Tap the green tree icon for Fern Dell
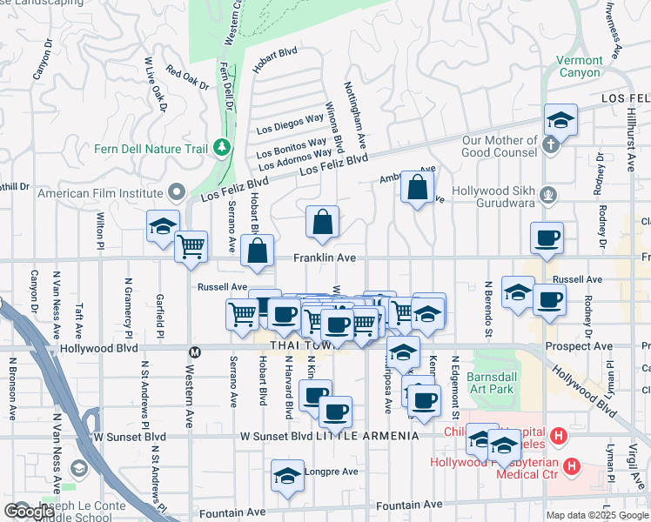pos(222,148)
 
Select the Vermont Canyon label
pos(578,66)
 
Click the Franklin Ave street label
pos(325,258)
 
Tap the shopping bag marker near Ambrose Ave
pos(418,187)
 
